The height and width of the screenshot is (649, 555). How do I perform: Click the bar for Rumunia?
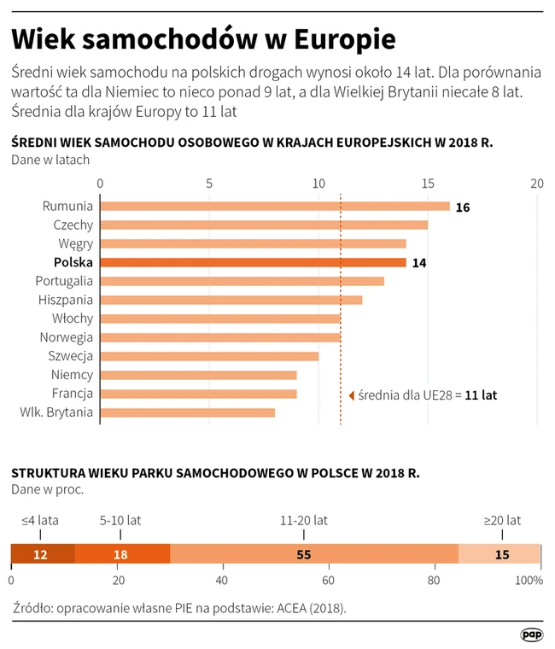coord(275,206)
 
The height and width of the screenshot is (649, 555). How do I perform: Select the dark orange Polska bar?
coord(253,263)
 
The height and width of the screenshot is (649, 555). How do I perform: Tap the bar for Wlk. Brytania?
coord(188,412)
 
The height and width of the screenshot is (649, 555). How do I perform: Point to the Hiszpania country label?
coord(66,300)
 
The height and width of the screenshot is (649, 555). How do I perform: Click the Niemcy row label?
coord(71,375)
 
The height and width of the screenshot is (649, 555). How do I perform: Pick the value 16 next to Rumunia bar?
coord(463,208)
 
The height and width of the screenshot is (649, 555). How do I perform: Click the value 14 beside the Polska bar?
coord(418,263)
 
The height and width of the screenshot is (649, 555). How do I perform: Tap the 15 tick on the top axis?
coord(428,184)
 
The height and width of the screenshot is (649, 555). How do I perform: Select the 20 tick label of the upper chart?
coord(536,184)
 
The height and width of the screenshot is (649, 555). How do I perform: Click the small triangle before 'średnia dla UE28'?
coord(351,395)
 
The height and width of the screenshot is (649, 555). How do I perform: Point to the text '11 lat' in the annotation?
coord(481,395)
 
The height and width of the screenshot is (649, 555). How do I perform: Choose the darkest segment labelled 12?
coord(42,554)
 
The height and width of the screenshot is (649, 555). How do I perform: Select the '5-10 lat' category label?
coord(120,519)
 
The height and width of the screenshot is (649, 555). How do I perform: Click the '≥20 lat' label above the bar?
coord(502,519)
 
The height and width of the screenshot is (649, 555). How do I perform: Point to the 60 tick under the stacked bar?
coord(328,581)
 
